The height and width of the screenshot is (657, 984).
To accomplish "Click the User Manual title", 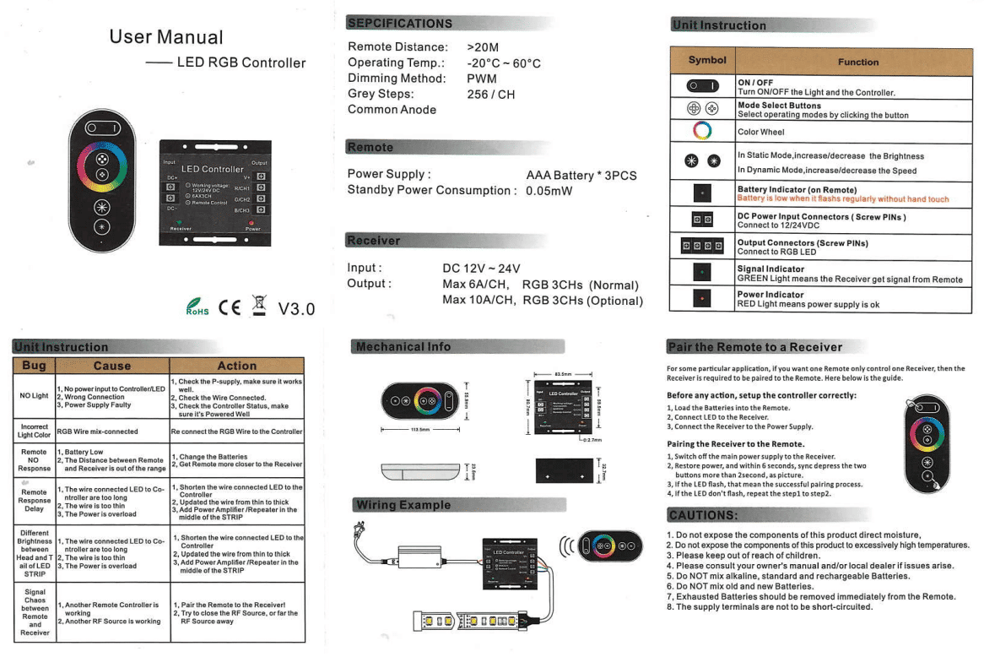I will pyautogui.click(x=166, y=37).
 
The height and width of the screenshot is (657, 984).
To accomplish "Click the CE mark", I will pyautogui.click(x=230, y=307).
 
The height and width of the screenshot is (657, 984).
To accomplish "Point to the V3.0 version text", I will pyautogui.click(x=296, y=308).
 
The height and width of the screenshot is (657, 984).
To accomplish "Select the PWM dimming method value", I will pyautogui.click(x=482, y=78).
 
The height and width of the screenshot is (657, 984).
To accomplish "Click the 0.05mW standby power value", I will pyautogui.click(x=549, y=190).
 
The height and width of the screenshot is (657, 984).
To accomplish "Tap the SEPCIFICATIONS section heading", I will pyautogui.click(x=400, y=23).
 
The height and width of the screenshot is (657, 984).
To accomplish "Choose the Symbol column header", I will pyautogui.click(x=701, y=61).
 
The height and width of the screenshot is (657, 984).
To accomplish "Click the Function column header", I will pyautogui.click(x=858, y=62).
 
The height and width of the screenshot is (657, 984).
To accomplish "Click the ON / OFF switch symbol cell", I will pyautogui.click(x=702, y=86).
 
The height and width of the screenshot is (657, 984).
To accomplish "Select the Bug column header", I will pyautogui.click(x=34, y=366).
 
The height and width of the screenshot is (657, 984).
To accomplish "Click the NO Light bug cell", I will pyautogui.click(x=34, y=395).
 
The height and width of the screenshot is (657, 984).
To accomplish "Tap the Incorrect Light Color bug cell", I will pyautogui.click(x=34, y=432).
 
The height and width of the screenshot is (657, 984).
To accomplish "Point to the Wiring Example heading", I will pyautogui.click(x=403, y=505).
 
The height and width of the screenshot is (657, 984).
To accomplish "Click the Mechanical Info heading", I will pyautogui.click(x=403, y=346).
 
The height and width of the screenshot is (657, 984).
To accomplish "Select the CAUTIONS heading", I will pyautogui.click(x=703, y=516).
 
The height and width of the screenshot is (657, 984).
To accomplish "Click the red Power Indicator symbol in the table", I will pyautogui.click(x=702, y=299).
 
